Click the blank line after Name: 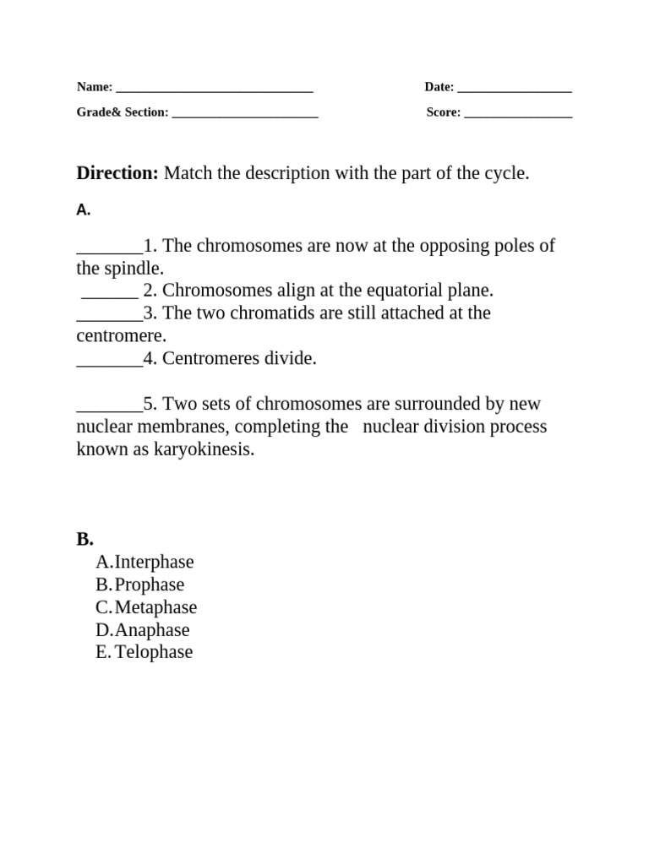pyautogui.click(x=214, y=88)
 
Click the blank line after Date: pyautogui.click(x=514, y=88)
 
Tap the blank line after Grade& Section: pyautogui.click(x=244, y=113)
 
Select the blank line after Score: pyautogui.click(x=518, y=113)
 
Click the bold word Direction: pyautogui.click(x=117, y=173)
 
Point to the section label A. pyautogui.click(x=83, y=210)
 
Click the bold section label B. pyautogui.click(x=85, y=539)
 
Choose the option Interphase pyautogui.click(x=154, y=562)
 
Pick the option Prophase pyautogui.click(x=149, y=585)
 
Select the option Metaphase pyautogui.click(x=155, y=607)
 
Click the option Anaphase pyautogui.click(x=152, y=630)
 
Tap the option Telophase pyautogui.click(x=153, y=652)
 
